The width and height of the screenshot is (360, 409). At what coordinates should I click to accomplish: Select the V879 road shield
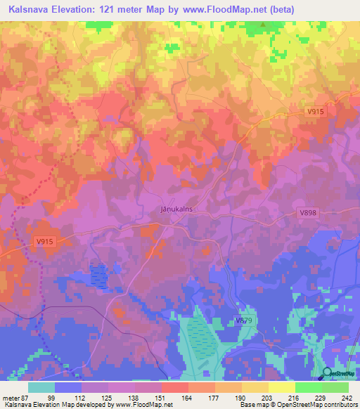[244, 320]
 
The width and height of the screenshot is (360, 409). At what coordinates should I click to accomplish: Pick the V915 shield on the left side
[44, 242]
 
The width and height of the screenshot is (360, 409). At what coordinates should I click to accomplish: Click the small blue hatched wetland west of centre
[100, 275]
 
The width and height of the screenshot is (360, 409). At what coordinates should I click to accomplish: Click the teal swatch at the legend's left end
[41, 387]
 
